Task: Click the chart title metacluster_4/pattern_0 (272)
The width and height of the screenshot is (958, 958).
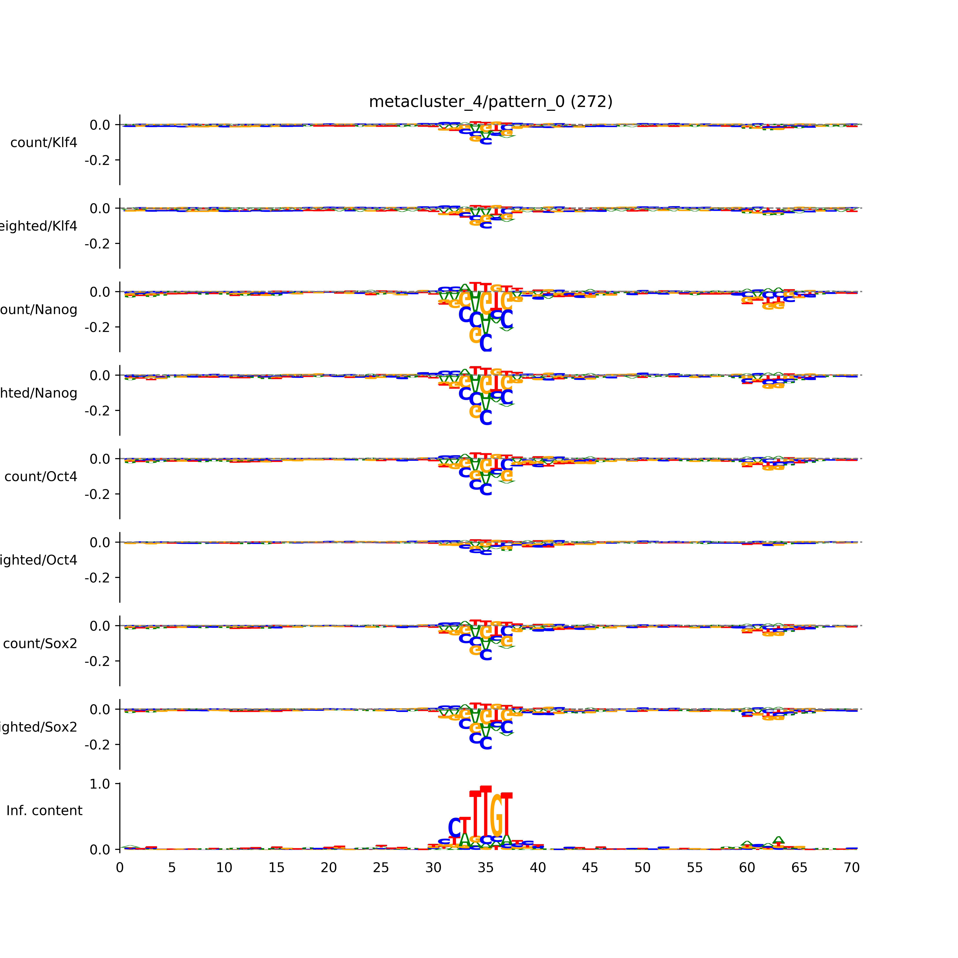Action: [x=490, y=102]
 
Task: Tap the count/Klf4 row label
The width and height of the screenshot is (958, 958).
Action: [x=44, y=143]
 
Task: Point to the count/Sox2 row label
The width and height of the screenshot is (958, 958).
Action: [x=40, y=644]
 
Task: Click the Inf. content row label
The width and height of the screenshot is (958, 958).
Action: [x=44, y=811]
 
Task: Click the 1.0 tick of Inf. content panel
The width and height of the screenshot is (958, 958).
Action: [x=100, y=784]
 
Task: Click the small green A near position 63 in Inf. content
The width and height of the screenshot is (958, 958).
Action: [x=779, y=840]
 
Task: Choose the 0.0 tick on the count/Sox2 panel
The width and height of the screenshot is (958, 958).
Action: [x=100, y=626]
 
